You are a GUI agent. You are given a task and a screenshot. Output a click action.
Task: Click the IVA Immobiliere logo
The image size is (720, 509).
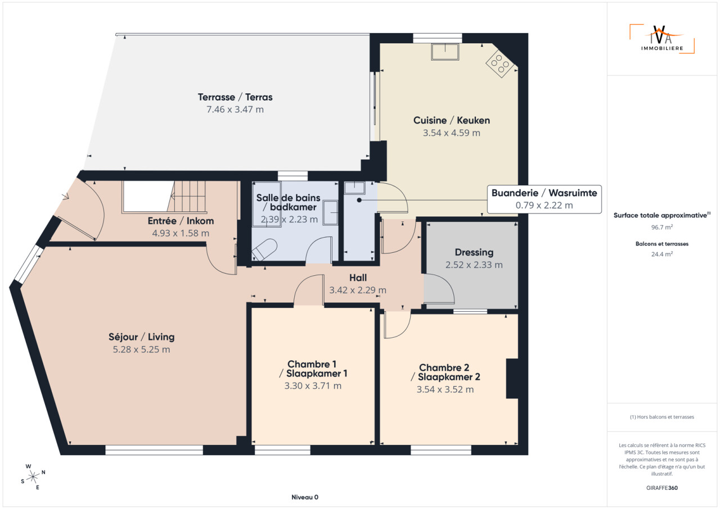(x=662, y=39)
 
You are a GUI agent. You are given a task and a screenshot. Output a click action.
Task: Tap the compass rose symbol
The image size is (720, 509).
(x=33, y=477)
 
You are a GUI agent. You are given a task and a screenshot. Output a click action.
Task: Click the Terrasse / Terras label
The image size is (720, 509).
(x=235, y=97)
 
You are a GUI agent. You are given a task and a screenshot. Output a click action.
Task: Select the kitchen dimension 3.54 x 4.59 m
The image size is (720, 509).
(x=451, y=133)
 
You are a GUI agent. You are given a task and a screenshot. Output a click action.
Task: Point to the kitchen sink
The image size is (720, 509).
(x=445, y=52)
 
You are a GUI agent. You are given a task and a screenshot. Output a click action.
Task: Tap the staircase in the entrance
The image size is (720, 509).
(x=186, y=196)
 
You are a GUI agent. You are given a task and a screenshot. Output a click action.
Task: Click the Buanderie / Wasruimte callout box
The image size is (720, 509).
(x=544, y=199)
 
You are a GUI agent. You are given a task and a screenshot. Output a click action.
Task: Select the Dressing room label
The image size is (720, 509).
(x=474, y=252)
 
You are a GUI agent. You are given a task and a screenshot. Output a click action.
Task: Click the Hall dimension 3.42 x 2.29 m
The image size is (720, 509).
(x=358, y=290)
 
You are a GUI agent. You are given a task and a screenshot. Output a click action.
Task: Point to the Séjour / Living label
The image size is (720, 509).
(x=141, y=337)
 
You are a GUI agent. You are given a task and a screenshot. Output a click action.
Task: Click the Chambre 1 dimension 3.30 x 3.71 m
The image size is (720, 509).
(x=313, y=386)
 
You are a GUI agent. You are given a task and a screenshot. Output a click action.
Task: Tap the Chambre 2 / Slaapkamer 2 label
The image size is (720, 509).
(x=445, y=372)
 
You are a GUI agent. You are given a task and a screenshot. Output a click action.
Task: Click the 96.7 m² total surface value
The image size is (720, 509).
(x=662, y=227)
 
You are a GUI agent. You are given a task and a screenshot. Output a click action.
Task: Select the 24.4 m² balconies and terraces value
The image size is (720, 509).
(x=662, y=254)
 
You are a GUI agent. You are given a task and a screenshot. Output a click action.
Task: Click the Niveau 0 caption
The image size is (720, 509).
(x=305, y=497)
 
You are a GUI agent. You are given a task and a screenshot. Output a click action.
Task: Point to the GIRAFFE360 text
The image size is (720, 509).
(x=662, y=488)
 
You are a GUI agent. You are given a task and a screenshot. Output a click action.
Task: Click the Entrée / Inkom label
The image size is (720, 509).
(x=181, y=221)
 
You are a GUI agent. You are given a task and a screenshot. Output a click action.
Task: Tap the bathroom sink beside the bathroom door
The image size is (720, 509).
(x=330, y=212)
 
